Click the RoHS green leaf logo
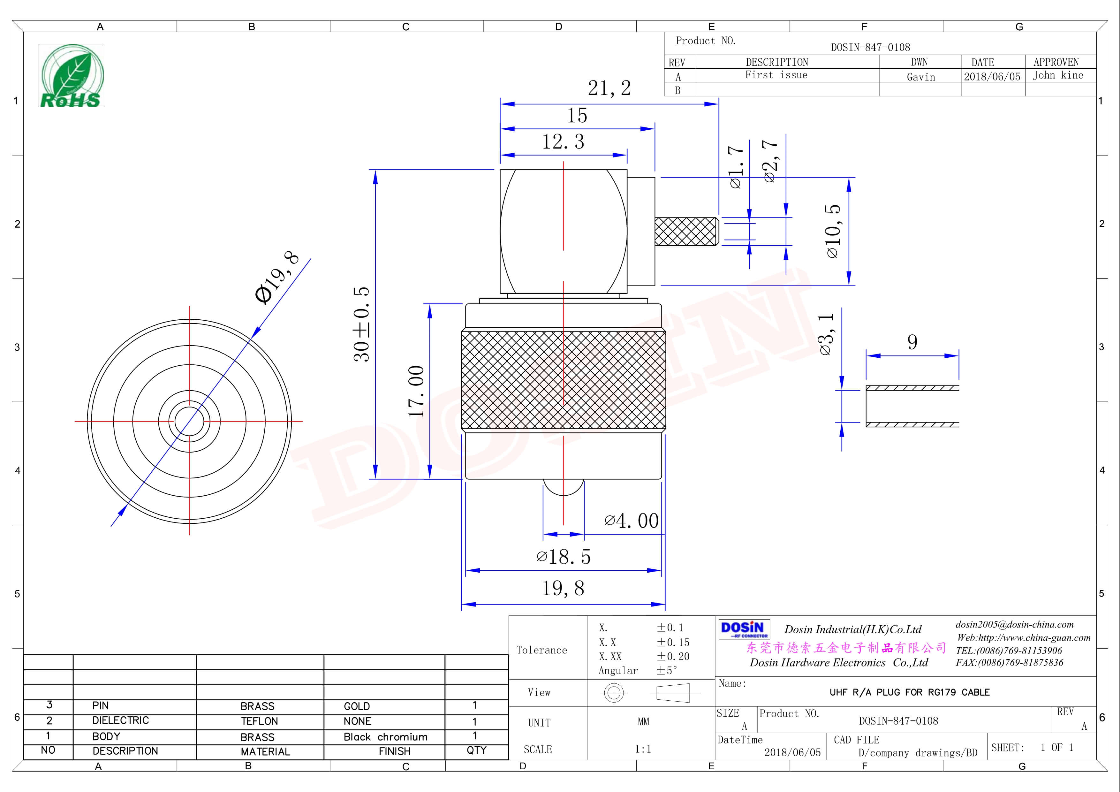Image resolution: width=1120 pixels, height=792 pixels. pos(71,76)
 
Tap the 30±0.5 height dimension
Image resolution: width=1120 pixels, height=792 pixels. pos(361,324)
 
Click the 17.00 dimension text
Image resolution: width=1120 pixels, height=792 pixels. pos(416,391)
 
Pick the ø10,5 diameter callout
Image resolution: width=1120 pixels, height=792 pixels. pos(833,231)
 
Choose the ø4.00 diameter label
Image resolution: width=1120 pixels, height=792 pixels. pos(632,521)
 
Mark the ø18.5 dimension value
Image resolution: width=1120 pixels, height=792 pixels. pos(564,557)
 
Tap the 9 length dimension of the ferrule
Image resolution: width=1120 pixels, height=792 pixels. pos(912,342)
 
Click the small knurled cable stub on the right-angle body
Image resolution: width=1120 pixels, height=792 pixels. pos(685,231)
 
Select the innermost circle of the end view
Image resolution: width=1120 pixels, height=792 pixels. pos(189,421)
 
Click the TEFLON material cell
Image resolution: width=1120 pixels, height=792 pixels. pos(259,721)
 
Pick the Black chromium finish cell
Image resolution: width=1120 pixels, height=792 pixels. pos(385,737)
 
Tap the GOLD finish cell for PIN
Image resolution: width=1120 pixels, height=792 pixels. pos(357,706)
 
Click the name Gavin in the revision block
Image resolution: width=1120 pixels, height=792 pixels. pos(920,77)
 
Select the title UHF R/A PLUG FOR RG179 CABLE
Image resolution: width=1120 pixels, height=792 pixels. pos(909,692)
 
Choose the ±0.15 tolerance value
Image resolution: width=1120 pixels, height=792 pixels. pos(673,642)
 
